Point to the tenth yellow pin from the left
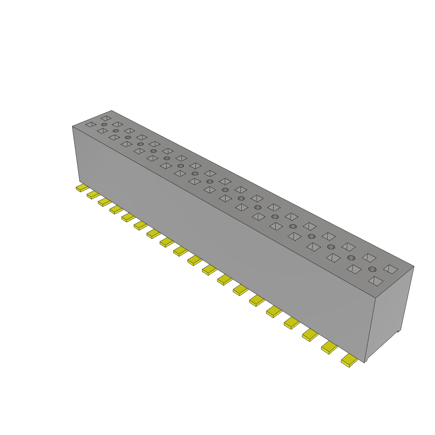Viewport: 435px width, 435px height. click(195, 260)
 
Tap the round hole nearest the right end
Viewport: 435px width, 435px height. click(372, 269)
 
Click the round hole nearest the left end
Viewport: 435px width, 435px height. click(104, 124)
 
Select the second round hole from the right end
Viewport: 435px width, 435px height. click(351, 258)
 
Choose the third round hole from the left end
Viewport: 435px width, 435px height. click(128, 137)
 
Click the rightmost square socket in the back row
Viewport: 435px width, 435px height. click(391, 269)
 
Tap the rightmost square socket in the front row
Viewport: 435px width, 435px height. click(376, 281)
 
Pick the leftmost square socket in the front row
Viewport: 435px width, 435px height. click(91, 124)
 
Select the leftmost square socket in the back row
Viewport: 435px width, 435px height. click(106, 118)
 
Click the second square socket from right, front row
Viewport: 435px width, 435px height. click(354, 269)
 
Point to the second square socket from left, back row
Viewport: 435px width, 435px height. click(117, 124)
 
